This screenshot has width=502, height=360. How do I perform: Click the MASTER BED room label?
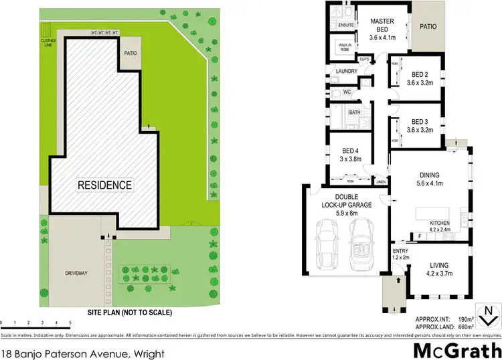pyautogui.click(x=382, y=25)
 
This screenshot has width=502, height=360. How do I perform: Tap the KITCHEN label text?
pyautogui.click(x=440, y=222)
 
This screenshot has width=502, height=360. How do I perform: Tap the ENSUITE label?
pyautogui.click(x=346, y=25)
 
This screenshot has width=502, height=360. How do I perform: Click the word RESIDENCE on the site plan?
pyautogui.click(x=105, y=185)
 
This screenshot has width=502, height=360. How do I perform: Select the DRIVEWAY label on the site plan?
pyautogui.click(x=76, y=273)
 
